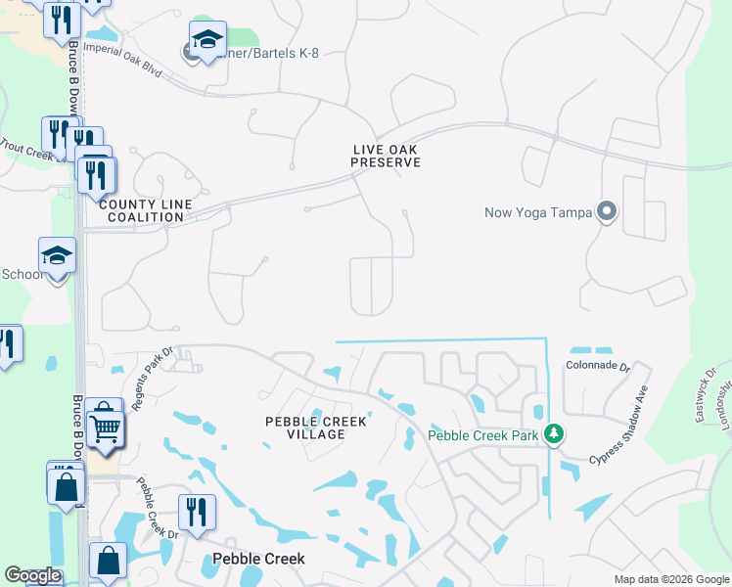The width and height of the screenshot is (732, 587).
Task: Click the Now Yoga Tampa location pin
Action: pyautogui.click(x=607, y=211)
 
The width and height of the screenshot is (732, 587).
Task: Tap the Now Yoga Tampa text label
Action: pyautogui.click(x=539, y=212)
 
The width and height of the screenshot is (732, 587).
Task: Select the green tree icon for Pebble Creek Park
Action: pyautogui.click(x=554, y=433)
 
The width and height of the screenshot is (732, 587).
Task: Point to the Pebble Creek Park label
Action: pyautogui.click(x=484, y=434)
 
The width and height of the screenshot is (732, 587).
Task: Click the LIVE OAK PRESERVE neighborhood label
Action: pyautogui.click(x=387, y=156)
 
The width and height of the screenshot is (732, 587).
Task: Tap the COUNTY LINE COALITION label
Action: pyautogui.click(x=141, y=209)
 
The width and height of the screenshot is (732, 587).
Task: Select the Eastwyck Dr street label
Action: pyautogui.click(x=707, y=395)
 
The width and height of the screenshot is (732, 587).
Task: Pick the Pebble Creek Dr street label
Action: pyautogui.click(x=157, y=510)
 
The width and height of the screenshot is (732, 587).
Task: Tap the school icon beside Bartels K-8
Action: pyautogui.click(x=207, y=40)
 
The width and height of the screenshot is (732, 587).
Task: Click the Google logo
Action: pyautogui.click(x=32, y=576)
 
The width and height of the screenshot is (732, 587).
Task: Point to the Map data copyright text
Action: pyautogui.click(x=670, y=579)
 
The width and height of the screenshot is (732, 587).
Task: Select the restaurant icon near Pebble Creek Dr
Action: pyautogui.click(x=197, y=511)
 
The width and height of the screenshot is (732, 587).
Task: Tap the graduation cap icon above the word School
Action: pyautogui.click(x=57, y=256)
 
